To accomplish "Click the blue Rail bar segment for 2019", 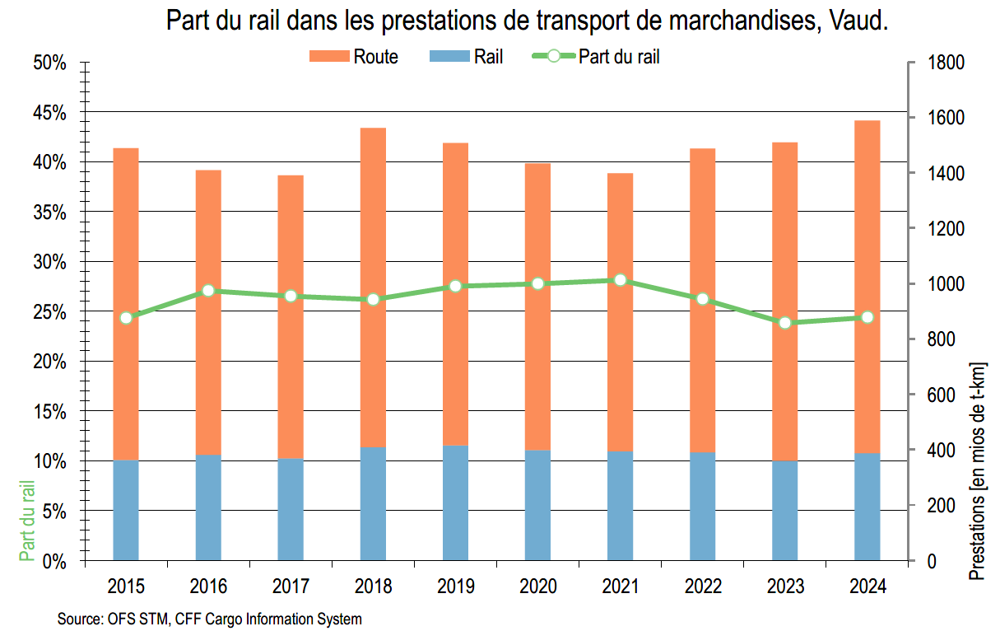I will (455, 502).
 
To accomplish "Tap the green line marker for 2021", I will (620, 280).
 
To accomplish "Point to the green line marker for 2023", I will (784, 323).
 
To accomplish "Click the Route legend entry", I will (354, 57).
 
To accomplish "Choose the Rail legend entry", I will (467, 57).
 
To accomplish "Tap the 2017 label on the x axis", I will (291, 587).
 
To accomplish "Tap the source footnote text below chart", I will (210, 618).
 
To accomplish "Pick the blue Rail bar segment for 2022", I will (702, 507).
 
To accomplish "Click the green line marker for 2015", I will (126, 318).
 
